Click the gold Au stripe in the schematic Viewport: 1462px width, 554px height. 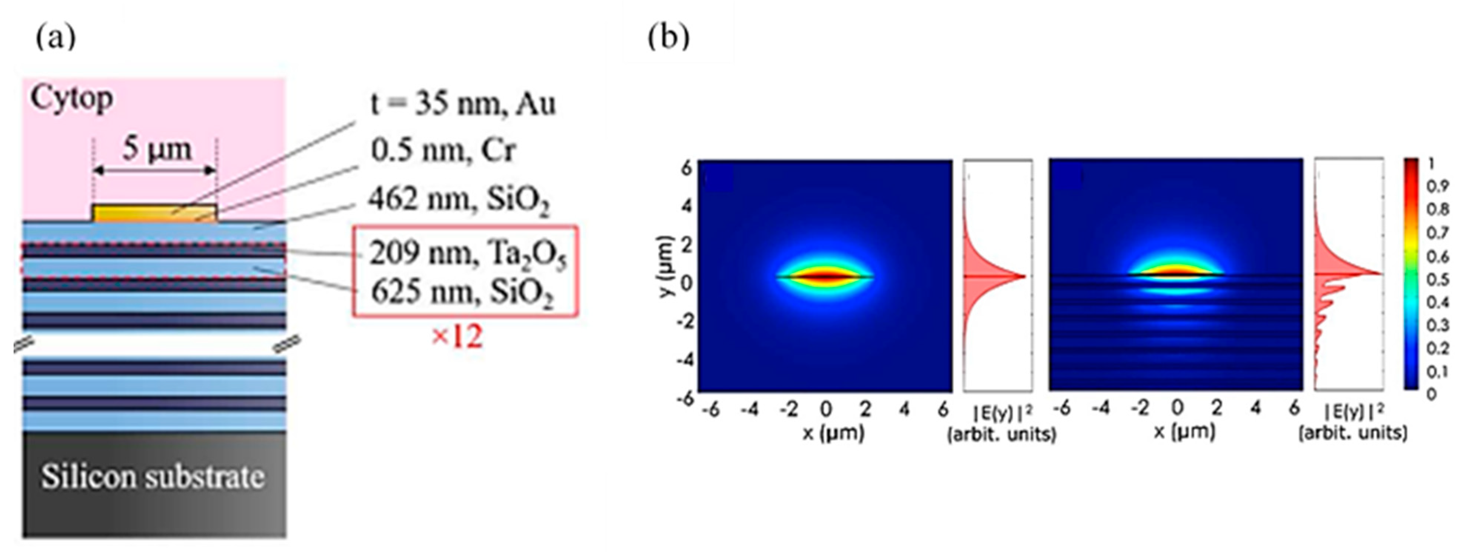[154, 213]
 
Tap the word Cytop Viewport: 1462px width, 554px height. [71, 99]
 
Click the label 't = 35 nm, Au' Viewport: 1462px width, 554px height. [462, 104]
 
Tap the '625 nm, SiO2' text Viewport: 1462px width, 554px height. [462, 293]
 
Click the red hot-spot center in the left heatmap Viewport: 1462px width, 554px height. [826, 276]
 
